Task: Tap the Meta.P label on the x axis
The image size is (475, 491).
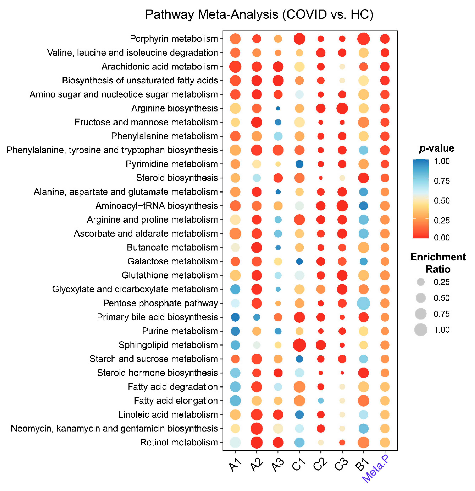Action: point(375,468)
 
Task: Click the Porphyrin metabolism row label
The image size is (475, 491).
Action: point(174,39)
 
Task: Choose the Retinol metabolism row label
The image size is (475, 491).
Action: point(179,442)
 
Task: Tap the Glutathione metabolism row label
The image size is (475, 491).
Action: point(170,275)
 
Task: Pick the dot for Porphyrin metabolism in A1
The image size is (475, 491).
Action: point(235,39)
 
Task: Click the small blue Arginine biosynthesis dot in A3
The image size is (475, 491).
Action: point(278,108)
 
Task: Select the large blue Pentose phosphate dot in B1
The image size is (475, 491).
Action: point(363,303)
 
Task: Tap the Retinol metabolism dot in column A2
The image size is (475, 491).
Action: point(257,442)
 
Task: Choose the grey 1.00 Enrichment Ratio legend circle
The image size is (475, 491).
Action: point(421,330)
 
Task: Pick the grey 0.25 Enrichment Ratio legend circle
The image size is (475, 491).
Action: point(421,282)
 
